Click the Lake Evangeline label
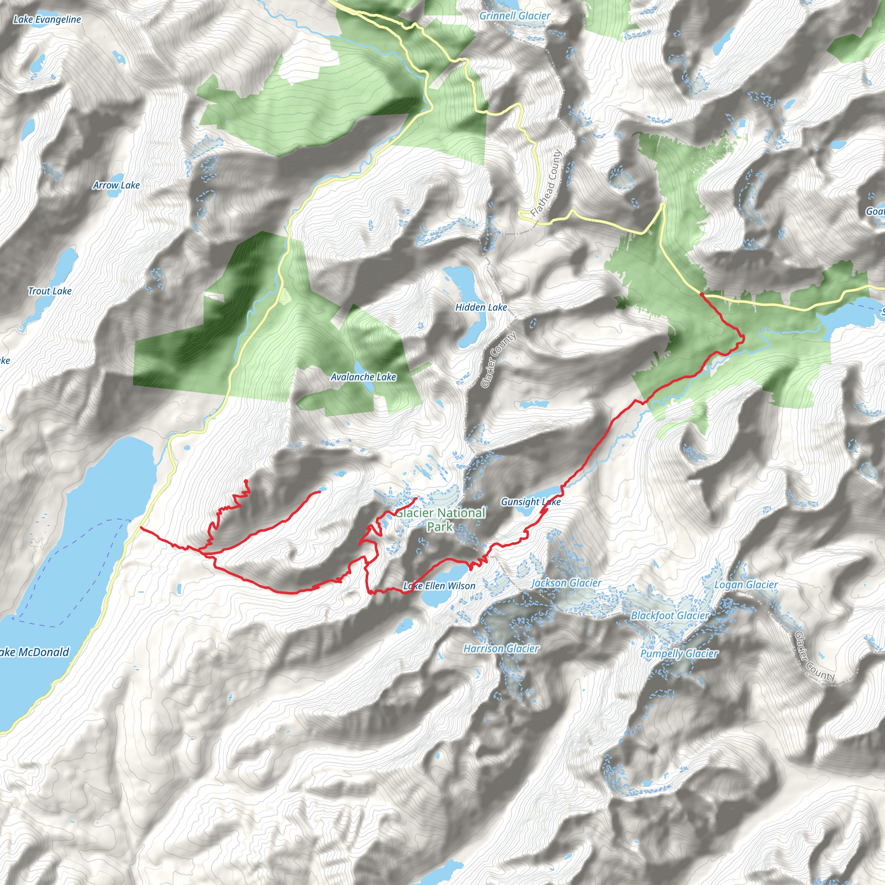pos(47,19)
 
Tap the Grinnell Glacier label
pos(514,16)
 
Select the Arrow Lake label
pos(116,185)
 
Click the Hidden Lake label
pos(481,307)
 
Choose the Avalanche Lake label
pos(363,376)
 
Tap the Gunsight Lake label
pos(531,502)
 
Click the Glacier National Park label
pos(440,519)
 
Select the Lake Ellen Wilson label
pos(439,586)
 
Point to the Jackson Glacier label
pos(566,583)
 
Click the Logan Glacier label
pos(746,585)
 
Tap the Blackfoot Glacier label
pos(670,615)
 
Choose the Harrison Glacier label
pos(501,648)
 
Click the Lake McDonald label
pos(35,652)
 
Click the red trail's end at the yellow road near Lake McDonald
pos(140,528)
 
